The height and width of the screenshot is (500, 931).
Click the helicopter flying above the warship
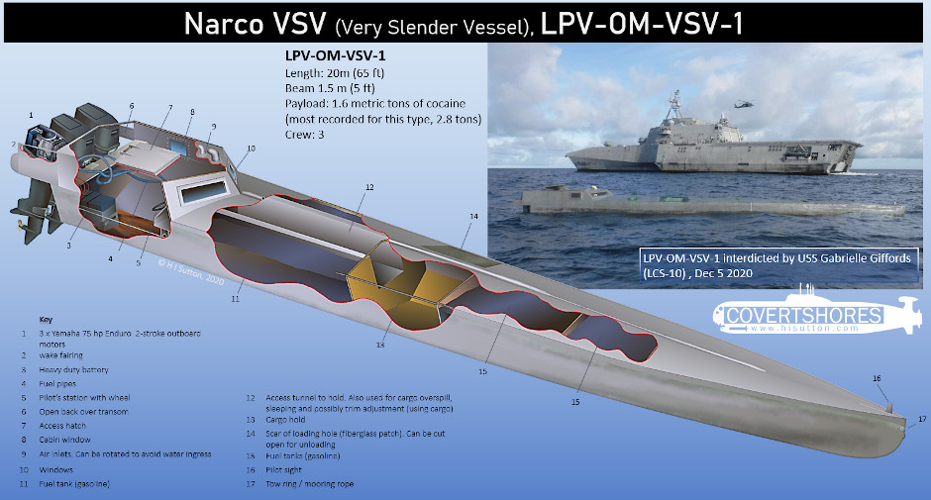744,104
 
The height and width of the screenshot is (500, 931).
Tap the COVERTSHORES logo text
804,315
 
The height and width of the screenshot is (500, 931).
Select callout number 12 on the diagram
369,187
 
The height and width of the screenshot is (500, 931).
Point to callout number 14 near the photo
473,216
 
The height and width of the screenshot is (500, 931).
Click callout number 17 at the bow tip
922,419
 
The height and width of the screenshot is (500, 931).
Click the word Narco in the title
224,25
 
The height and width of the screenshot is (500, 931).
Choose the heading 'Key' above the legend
46,320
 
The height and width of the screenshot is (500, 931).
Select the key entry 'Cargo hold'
285,419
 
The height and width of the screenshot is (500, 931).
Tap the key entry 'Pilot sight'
283,469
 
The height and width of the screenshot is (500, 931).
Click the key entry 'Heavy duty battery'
73,369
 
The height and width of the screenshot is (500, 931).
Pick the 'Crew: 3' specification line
305,135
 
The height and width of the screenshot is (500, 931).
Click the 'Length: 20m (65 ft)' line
335,73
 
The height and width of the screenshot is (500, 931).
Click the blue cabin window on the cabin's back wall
177,146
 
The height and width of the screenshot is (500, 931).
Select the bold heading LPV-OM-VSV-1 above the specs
336,55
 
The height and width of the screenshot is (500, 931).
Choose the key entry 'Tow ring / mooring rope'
309,484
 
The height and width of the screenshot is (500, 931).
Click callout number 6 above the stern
131,106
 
